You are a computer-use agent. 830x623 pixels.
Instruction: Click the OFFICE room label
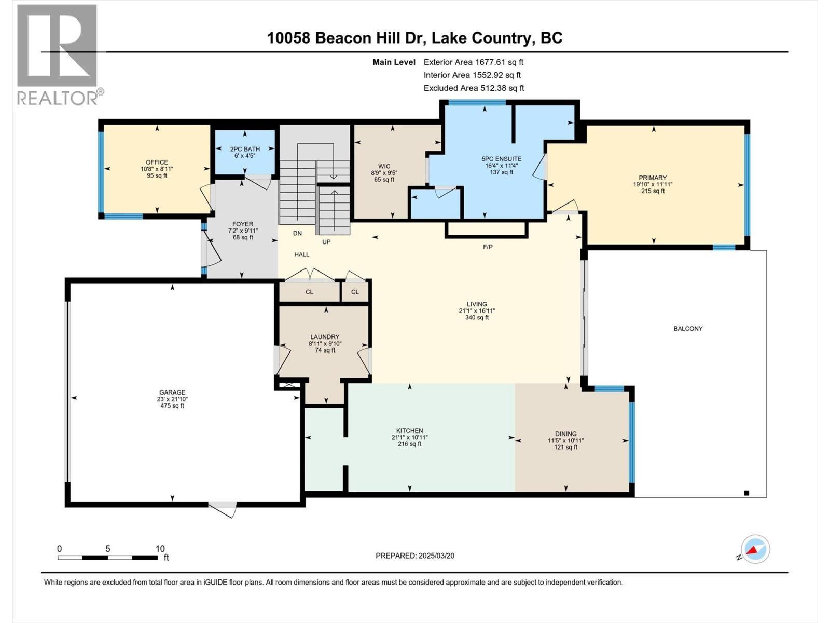[157, 162]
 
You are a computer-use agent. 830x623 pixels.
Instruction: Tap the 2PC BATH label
[245, 149]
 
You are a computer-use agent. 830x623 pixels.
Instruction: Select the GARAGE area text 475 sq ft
[172, 406]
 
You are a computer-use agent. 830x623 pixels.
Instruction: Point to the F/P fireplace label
[488, 247]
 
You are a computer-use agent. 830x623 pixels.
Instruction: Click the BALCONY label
[688, 329]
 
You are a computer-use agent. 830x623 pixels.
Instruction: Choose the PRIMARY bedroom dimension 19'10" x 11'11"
[652, 184]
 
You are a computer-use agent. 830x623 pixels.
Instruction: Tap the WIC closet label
[377, 167]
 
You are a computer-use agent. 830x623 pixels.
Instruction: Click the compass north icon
[755, 549]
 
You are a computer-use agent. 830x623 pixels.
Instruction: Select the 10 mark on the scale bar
[160, 549]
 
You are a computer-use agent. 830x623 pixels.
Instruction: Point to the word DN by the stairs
[297, 234]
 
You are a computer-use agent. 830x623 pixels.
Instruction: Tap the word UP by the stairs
[326, 242]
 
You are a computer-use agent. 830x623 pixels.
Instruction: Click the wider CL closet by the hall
[309, 292]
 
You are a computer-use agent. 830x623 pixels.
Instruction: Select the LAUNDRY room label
[325, 337]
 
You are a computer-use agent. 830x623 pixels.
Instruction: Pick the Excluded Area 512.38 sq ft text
[474, 88]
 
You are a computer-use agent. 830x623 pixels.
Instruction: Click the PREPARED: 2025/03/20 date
[415, 556]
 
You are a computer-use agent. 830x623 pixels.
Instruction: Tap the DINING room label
[565, 434]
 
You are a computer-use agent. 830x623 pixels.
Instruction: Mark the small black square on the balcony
[746, 493]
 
